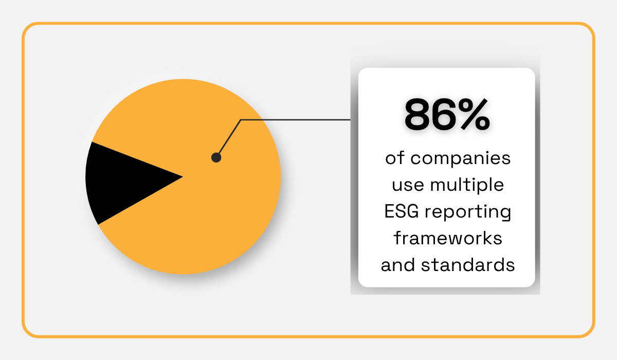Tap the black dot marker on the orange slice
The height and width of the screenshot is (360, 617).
pos(216,158)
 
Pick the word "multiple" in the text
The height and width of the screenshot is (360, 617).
pos(468,185)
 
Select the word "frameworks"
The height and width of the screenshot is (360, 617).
pos(447,239)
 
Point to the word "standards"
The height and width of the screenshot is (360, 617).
pos(468,265)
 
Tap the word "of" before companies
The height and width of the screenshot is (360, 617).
pos(394,158)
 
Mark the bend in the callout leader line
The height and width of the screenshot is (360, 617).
pos(241,120)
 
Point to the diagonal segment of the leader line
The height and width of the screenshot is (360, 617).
pos(229,139)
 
